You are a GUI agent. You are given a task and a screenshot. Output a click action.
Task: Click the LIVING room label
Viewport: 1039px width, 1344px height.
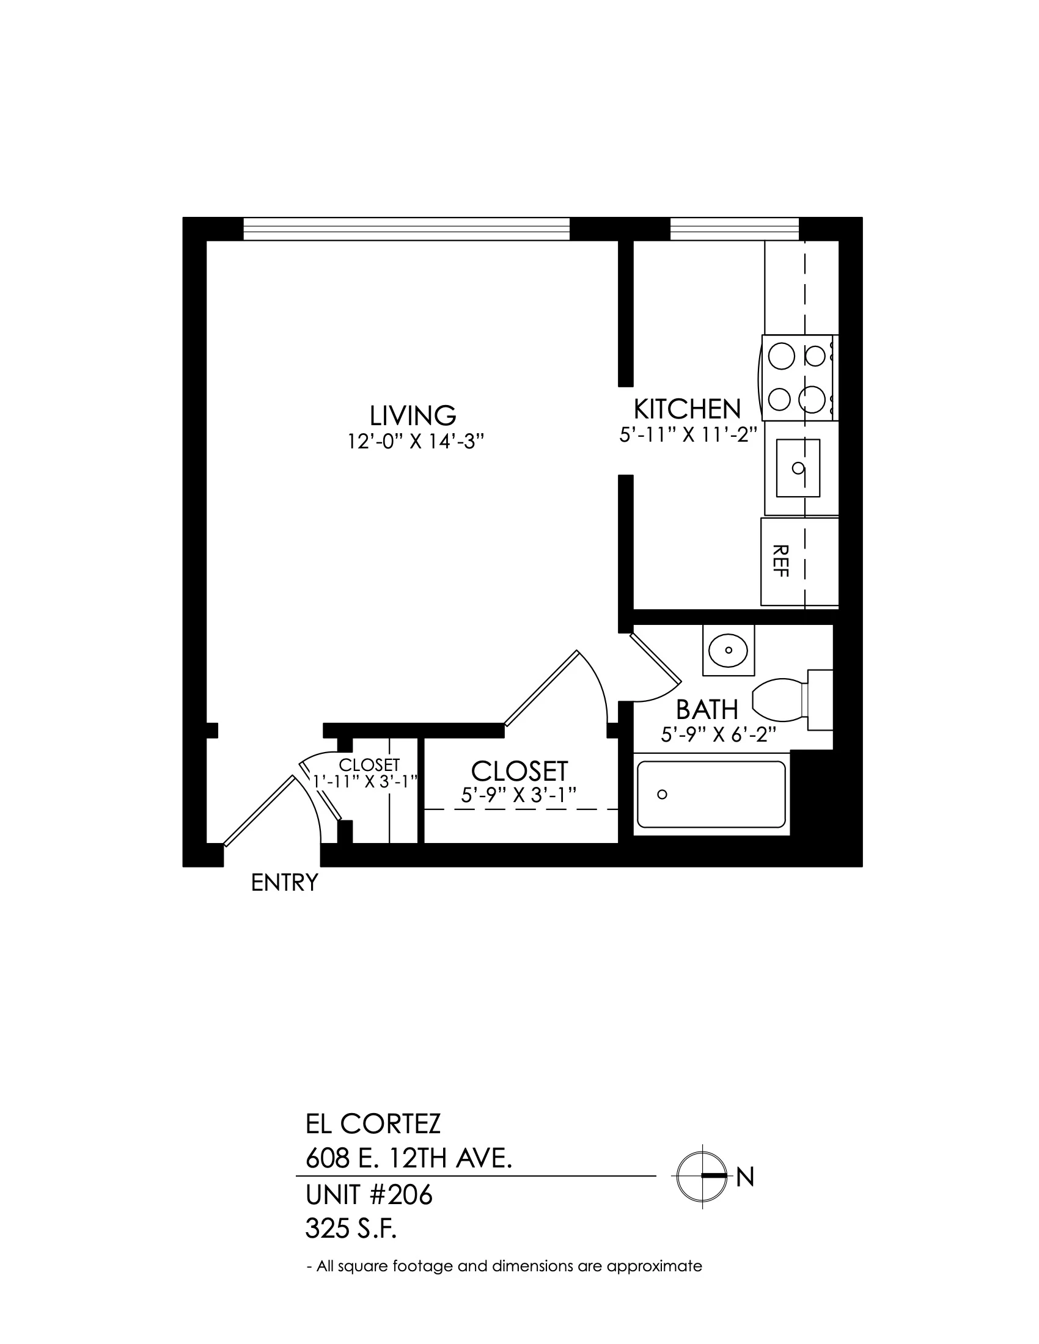click(413, 415)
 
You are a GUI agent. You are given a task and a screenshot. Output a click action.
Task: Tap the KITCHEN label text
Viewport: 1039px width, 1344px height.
click(687, 409)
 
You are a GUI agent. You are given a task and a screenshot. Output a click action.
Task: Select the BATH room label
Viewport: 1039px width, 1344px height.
click(707, 709)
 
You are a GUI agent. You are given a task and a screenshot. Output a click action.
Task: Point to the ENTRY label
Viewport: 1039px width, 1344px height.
click(284, 883)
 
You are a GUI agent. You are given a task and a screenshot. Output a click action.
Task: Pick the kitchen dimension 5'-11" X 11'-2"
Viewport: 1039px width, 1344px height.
click(687, 435)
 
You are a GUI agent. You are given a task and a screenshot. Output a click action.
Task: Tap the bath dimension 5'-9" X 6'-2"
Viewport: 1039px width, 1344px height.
click(718, 735)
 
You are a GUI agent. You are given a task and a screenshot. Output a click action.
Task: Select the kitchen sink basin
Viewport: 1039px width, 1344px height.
click(798, 468)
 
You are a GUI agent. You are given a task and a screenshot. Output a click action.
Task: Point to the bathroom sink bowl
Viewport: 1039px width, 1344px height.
click(728, 650)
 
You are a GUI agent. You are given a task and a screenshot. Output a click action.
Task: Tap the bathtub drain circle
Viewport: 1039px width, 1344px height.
click(663, 794)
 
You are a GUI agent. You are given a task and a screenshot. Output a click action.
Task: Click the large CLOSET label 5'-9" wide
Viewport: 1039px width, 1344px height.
click(519, 771)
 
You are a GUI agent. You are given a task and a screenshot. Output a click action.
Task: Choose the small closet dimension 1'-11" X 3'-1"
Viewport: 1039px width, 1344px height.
click(366, 781)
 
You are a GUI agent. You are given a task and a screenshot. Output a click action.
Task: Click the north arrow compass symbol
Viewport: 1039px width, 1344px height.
click(703, 1176)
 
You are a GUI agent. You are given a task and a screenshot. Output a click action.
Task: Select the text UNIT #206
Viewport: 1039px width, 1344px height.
click(369, 1195)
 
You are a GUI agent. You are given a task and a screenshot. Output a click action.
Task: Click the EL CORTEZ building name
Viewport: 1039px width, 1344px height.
click(373, 1124)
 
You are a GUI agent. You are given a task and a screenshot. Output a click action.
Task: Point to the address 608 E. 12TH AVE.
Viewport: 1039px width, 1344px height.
click(409, 1160)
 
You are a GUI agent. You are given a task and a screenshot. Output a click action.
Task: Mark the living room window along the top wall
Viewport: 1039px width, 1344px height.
click(406, 229)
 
